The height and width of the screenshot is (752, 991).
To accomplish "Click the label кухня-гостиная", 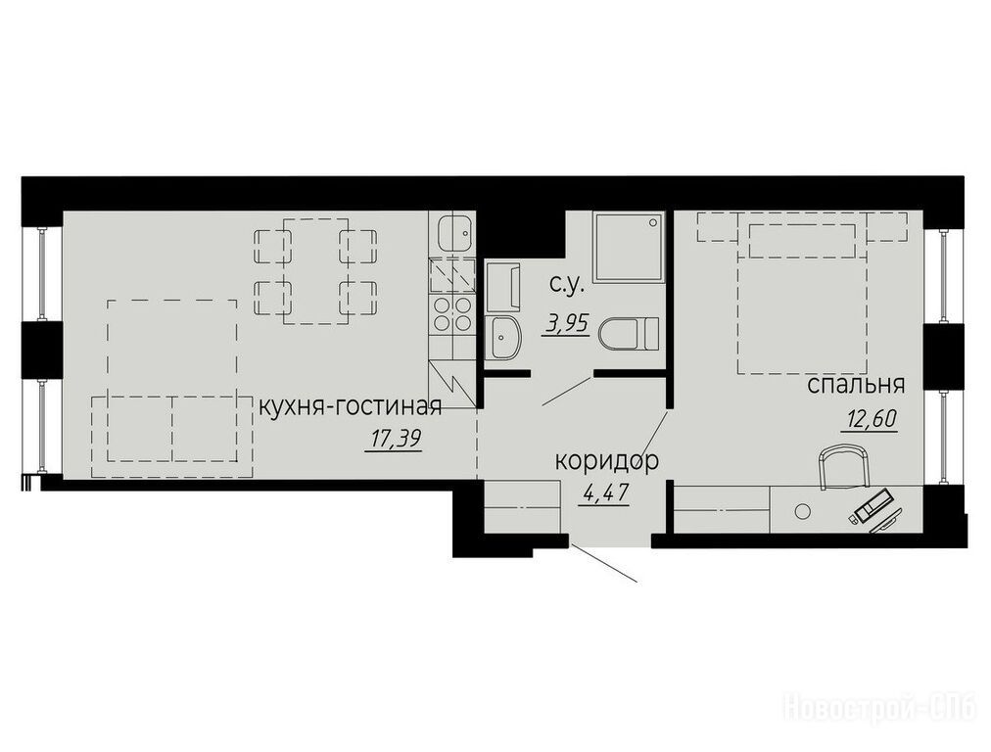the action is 351,407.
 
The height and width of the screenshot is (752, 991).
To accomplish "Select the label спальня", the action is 857,385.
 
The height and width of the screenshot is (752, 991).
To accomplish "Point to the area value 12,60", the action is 869,419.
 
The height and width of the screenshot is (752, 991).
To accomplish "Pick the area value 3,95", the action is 565,324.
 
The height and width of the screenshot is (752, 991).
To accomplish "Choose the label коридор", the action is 607,462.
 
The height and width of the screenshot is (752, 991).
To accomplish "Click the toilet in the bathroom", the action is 629,333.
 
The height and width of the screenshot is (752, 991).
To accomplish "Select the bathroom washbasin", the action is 503,338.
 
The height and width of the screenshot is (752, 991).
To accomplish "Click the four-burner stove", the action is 451,314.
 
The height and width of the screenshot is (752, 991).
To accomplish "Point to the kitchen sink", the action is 451,233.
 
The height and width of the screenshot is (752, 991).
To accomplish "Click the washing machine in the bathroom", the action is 502,288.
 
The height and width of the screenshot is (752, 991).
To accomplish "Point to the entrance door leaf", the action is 603,561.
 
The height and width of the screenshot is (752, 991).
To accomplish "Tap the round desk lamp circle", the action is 803,510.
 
